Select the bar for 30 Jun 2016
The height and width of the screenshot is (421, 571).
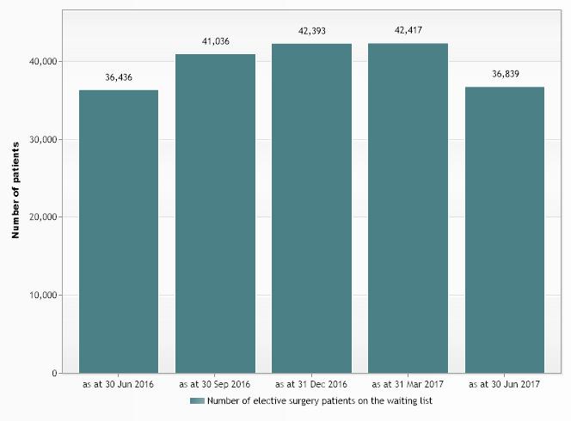[x=119, y=232]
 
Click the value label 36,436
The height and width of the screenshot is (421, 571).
[x=119, y=77]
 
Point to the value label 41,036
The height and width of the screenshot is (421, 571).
[x=215, y=41]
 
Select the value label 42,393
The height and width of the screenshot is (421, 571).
[x=311, y=31]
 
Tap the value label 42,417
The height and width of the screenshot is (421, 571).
[x=408, y=31]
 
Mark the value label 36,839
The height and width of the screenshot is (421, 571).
[x=505, y=74]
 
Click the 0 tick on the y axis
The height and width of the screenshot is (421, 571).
[x=53, y=374]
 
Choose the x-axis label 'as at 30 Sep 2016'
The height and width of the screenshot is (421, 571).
[x=215, y=384]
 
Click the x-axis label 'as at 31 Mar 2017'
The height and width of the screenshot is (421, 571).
[x=408, y=384]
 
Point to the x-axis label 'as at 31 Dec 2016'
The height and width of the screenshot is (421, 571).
[x=311, y=384]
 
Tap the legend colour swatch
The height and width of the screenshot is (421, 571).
[x=198, y=401]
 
